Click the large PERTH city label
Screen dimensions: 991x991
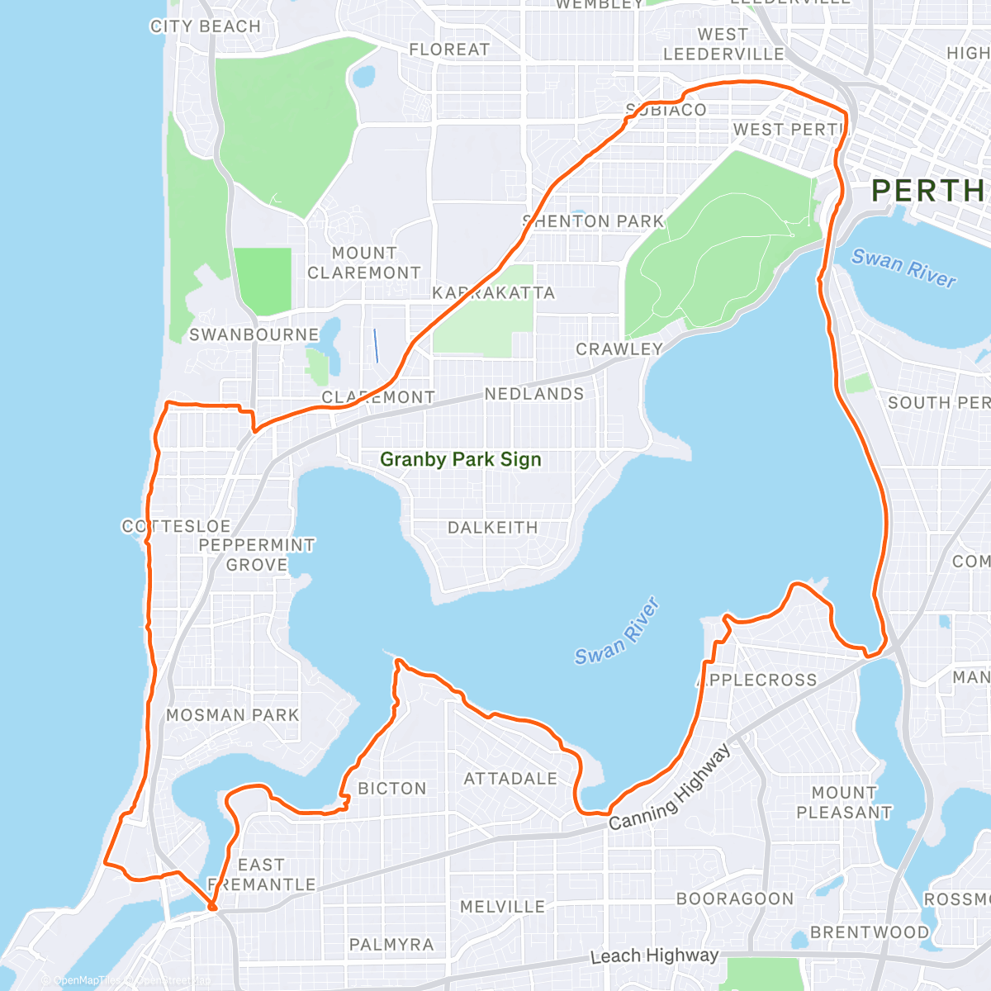(x=927, y=191)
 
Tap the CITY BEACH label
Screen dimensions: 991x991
(x=205, y=26)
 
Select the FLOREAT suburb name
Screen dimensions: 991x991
(x=449, y=50)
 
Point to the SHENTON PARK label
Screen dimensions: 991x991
(x=594, y=221)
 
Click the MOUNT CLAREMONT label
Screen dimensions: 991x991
(x=364, y=263)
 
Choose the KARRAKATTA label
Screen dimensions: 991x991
(x=493, y=293)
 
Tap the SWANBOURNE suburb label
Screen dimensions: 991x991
(x=254, y=334)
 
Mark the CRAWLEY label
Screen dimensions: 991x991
(x=619, y=349)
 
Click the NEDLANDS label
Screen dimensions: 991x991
(x=533, y=394)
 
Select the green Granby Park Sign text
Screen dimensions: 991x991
(x=460, y=459)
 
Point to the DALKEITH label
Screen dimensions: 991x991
(x=492, y=528)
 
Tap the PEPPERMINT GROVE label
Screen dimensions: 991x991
(x=257, y=555)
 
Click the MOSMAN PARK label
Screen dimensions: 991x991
(x=232, y=715)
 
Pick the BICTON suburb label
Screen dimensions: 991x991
(x=392, y=789)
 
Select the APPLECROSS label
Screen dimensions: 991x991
(x=757, y=680)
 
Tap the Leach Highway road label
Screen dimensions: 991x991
(x=654, y=955)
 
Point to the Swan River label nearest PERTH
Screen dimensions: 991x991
(x=903, y=268)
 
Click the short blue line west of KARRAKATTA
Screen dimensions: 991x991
(x=376, y=345)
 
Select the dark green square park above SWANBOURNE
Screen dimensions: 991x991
(x=263, y=281)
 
